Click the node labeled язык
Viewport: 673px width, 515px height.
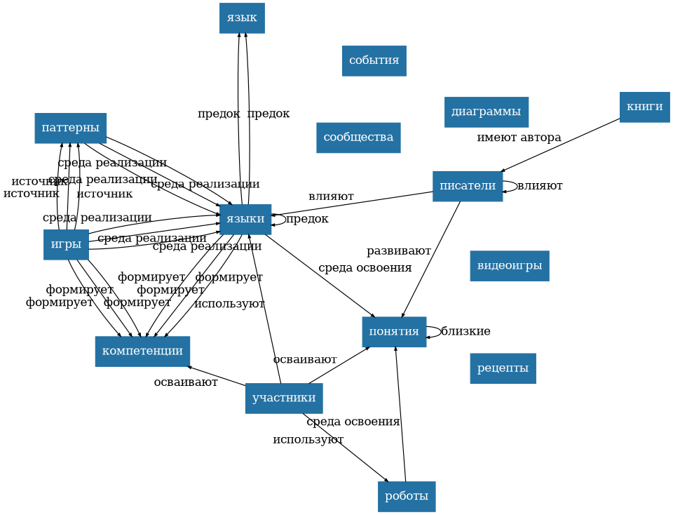click(x=242, y=18)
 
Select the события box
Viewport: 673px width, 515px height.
click(x=374, y=61)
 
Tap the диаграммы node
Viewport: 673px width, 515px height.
click(x=486, y=112)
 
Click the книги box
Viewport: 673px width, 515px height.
click(x=644, y=107)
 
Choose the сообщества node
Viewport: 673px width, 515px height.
click(x=358, y=138)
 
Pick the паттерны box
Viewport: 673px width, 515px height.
click(x=70, y=128)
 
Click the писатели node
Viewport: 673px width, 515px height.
click(x=468, y=186)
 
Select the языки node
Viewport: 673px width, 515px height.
click(x=245, y=219)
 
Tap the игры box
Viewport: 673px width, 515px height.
click(x=66, y=244)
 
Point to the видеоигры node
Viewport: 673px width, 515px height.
click(x=509, y=266)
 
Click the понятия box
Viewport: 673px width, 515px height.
click(x=394, y=332)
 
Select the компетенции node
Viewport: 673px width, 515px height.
click(x=142, y=351)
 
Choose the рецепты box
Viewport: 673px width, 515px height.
click(x=503, y=368)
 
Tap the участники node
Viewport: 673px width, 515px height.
click(x=284, y=399)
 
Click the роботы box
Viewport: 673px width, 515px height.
click(x=407, y=496)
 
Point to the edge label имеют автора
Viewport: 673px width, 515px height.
click(x=519, y=138)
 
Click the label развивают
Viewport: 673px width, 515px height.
click(x=398, y=251)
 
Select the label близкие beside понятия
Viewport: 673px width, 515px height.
click(x=465, y=332)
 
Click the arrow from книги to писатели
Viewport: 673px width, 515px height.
click(x=560, y=145)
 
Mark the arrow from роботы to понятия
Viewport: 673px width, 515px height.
click(x=401, y=414)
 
